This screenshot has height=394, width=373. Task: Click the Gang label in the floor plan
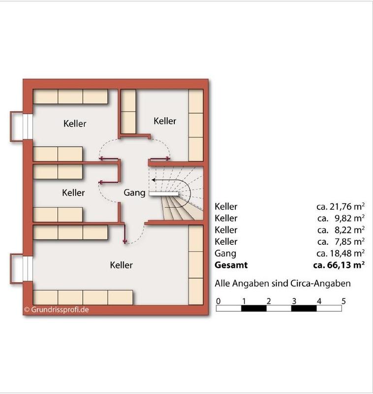[x=134, y=193]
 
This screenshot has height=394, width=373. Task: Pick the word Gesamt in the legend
[x=231, y=265]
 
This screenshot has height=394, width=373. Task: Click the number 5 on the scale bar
[x=343, y=301]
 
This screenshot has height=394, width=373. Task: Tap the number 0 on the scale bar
[x=218, y=301]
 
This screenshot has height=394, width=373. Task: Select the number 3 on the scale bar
[x=294, y=301]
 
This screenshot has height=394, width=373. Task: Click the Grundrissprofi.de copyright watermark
[x=57, y=310]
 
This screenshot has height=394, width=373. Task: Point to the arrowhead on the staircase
[x=154, y=180]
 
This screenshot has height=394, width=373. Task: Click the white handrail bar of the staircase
[x=164, y=194]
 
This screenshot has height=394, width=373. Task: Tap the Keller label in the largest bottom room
[x=121, y=265]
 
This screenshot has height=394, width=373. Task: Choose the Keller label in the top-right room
[x=165, y=121]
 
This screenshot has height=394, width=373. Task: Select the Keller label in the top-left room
[x=75, y=124]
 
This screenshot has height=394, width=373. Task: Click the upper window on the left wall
[x=28, y=127]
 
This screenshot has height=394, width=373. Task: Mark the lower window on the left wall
[x=28, y=268]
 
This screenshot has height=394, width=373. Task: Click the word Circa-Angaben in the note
[x=320, y=284]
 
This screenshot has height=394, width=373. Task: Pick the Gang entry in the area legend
[x=225, y=254]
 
